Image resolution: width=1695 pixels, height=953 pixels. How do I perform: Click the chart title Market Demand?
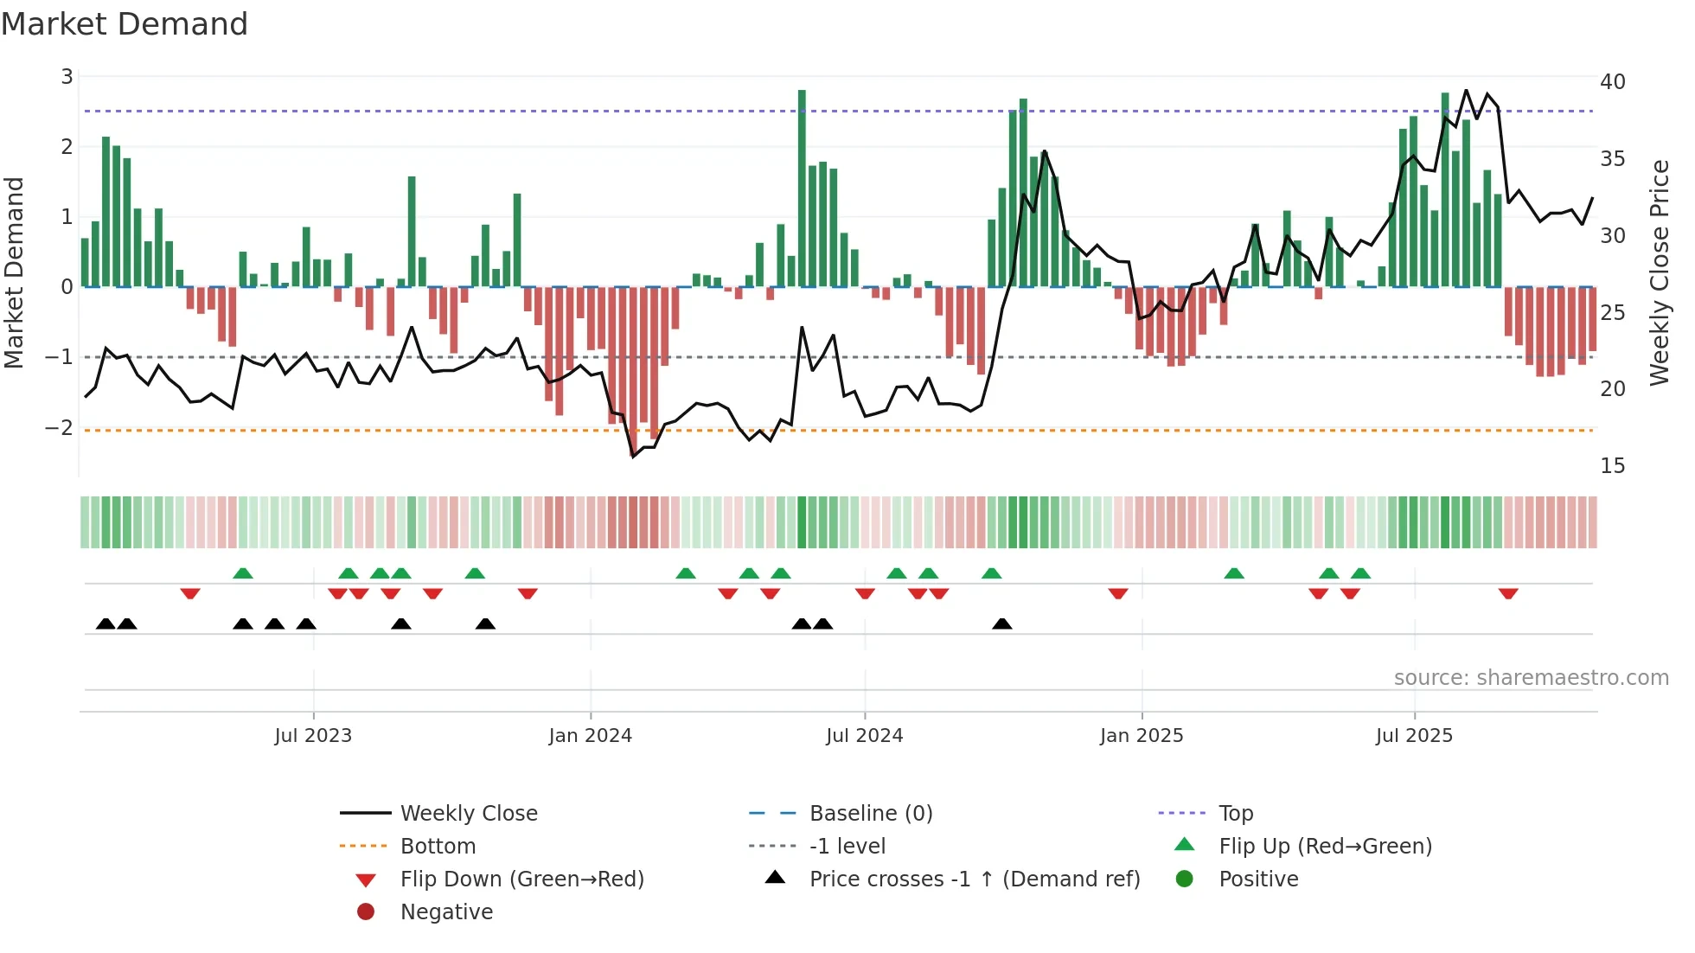(x=125, y=24)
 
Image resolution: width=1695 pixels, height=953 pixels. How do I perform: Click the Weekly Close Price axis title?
(x=1659, y=272)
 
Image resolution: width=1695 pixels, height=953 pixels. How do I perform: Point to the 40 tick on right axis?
(x=1612, y=82)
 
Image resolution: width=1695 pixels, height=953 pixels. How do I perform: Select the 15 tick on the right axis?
(x=1612, y=466)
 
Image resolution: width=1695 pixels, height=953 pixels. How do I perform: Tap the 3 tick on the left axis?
(x=67, y=77)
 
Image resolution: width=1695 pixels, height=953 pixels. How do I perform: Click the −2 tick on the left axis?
(x=60, y=428)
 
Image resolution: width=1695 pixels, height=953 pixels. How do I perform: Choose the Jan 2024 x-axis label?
(x=590, y=736)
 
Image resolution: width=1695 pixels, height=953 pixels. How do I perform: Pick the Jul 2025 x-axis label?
(x=1414, y=736)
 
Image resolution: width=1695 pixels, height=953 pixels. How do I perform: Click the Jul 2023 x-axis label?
(x=313, y=736)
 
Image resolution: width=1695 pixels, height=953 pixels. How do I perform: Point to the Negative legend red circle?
(x=366, y=912)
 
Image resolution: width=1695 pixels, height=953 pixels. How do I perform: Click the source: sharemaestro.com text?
(x=1531, y=678)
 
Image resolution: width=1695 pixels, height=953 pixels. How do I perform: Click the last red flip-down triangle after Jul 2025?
(x=1508, y=593)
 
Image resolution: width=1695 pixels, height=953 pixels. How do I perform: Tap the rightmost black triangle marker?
(x=1001, y=624)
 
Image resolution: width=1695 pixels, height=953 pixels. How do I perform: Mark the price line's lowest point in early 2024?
(x=633, y=456)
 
